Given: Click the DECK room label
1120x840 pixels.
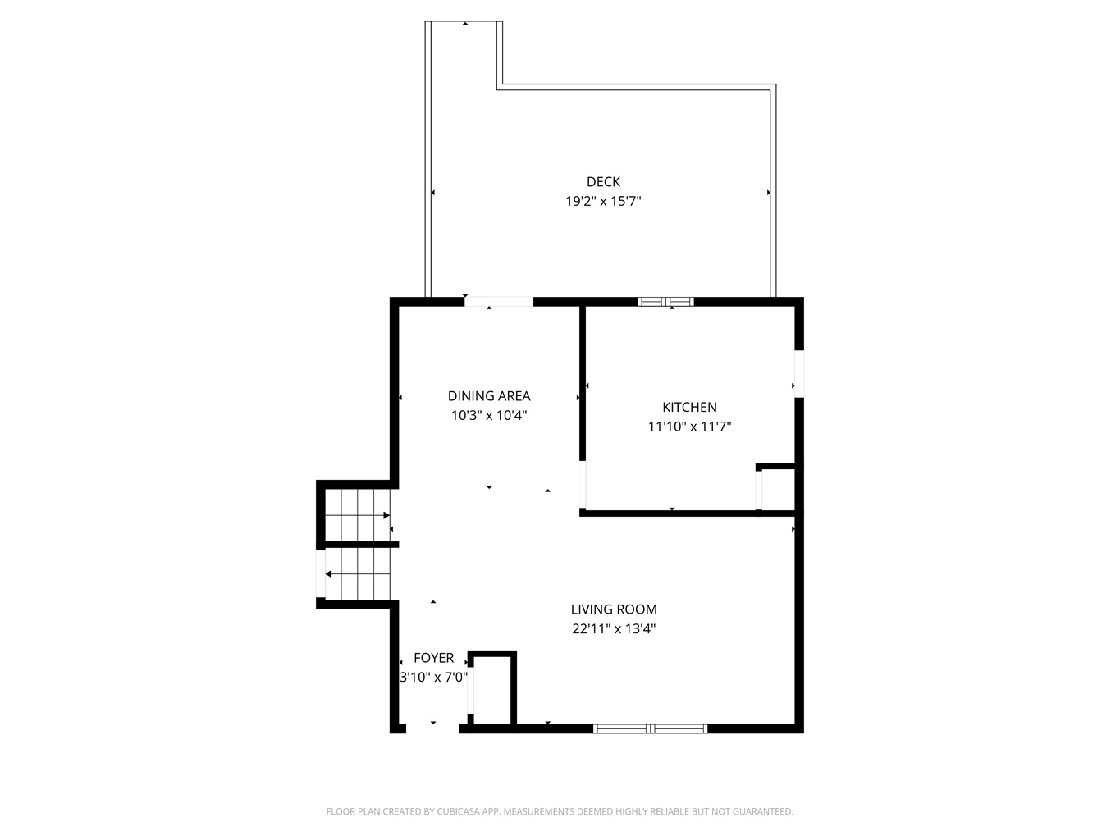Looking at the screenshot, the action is [603, 181].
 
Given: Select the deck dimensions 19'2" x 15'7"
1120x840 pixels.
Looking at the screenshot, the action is [603, 201].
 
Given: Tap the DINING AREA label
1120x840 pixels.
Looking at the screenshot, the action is [489, 395].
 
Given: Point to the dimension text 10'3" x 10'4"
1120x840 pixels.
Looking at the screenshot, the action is [489, 415].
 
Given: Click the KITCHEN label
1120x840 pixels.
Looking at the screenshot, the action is [689, 407].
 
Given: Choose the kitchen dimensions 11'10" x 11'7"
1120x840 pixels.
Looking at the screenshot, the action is [689, 427].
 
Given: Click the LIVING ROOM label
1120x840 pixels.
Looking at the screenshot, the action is [614, 609].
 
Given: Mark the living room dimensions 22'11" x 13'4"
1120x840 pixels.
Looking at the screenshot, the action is [614, 628].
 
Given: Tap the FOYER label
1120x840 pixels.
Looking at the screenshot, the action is [434, 658].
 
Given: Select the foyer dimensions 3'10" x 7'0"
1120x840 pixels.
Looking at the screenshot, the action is [434, 678].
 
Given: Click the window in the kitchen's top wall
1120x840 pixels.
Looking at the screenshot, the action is [665, 302].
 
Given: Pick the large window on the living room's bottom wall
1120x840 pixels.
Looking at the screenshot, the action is [650, 728].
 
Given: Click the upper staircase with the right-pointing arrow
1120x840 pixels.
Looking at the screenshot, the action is [358, 515].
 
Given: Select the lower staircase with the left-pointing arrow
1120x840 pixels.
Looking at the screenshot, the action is [358, 573].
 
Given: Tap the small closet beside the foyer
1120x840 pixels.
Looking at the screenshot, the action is [491, 690].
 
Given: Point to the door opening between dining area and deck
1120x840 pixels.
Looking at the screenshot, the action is [499, 302].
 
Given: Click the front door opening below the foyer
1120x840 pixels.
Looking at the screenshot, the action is [432, 728].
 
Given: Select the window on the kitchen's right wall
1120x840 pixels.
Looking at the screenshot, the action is [799, 374].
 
